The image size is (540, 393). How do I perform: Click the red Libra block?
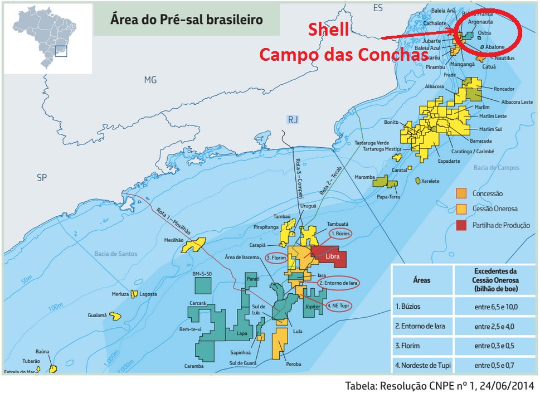point(332,258)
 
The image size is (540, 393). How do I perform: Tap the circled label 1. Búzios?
point(340,234)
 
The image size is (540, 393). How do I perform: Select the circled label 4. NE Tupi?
point(340,305)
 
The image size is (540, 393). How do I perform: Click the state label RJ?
point(293,119)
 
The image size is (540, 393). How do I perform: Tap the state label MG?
point(150,80)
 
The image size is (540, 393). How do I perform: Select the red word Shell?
point(329,31)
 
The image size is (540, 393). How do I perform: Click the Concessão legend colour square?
point(461,193)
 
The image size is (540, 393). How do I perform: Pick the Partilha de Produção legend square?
point(461,225)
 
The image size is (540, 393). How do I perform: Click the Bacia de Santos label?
point(115,254)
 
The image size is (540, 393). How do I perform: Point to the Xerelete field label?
point(430,182)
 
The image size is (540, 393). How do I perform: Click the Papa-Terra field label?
point(388,196)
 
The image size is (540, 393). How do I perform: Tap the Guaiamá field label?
point(96,315)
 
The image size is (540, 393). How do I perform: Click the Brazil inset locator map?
point(47,39)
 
